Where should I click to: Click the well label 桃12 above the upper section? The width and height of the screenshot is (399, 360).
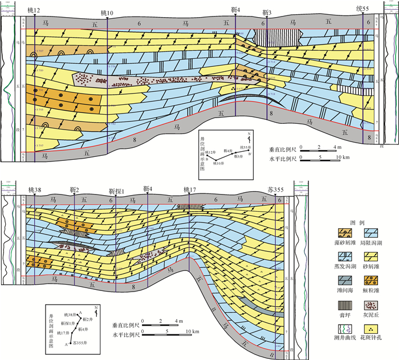point(34,11)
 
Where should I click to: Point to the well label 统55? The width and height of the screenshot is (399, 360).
point(363,11)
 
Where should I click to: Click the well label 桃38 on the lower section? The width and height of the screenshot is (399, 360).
point(34,188)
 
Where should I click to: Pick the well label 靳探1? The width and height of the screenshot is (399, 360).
point(116,188)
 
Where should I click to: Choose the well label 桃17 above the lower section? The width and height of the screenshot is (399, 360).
point(189,188)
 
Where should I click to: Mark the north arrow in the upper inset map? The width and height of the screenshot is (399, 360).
point(249,137)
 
